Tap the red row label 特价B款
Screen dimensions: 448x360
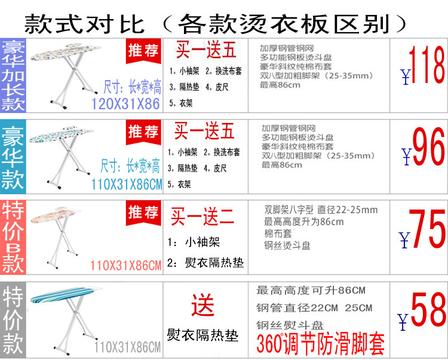[13, 235]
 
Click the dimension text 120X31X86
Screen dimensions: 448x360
[125, 104]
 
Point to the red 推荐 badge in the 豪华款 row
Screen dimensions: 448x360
[143, 132]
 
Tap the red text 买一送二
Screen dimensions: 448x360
[201, 217]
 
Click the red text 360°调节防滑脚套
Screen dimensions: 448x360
[320, 343]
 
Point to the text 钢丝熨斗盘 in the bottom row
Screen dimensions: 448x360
[290, 325]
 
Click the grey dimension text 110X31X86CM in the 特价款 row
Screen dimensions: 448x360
[127, 347]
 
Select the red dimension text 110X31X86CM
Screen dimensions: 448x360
[125, 264]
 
